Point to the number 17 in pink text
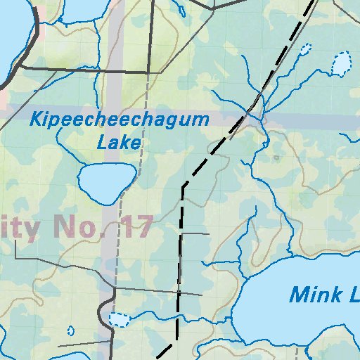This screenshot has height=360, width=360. pyautogui.click(x=136, y=227)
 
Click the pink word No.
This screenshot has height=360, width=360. pyautogui.click(x=86, y=228)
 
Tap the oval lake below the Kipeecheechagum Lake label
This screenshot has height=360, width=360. pyautogui.click(x=106, y=181)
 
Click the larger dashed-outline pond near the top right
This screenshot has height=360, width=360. pyautogui.click(x=341, y=65)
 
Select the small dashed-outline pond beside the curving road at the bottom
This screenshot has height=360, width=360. pyautogui.click(x=120, y=320)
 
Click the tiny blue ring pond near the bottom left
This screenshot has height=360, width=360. pyautogui.click(x=71, y=330)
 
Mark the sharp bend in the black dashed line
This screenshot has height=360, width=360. pyautogui.click(x=183, y=186)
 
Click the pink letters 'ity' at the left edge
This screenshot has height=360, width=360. pyautogui.click(x=21, y=228)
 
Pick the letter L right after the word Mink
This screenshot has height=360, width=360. pyautogui.click(x=350, y=294)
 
